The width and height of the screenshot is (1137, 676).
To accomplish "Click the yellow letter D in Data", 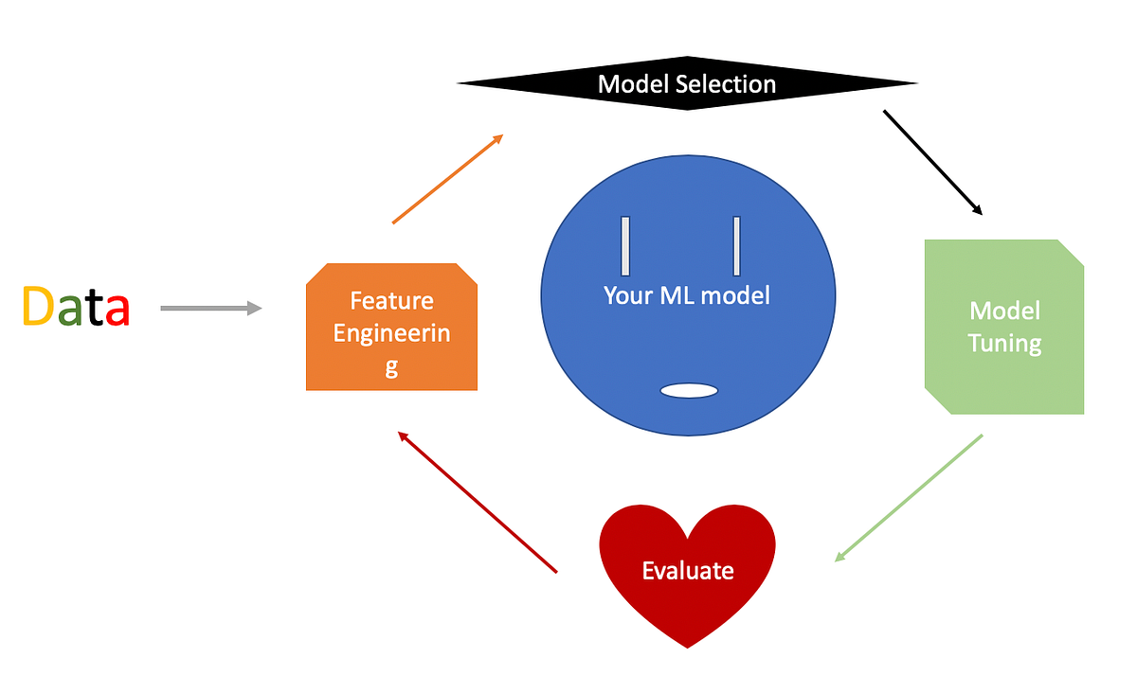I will click(x=37, y=307).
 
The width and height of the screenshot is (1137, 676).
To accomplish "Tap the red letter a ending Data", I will click(x=117, y=311).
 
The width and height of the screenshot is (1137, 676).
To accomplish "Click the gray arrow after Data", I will click(x=210, y=308).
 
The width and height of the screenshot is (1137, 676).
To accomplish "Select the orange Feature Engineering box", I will click(x=391, y=327).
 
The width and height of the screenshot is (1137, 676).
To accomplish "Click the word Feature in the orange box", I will click(x=391, y=301).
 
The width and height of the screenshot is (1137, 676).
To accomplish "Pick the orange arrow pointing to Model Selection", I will click(x=446, y=179).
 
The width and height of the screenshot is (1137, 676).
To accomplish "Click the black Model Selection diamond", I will click(x=687, y=84).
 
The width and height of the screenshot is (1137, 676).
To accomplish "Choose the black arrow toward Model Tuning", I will click(x=932, y=162).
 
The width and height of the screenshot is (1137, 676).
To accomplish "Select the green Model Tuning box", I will click(x=1004, y=327).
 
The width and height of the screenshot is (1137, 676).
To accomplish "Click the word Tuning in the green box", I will click(x=1004, y=343).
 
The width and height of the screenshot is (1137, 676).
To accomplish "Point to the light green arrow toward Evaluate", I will click(x=908, y=498).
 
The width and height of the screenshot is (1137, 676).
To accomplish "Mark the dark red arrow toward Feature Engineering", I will click(x=478, y=502).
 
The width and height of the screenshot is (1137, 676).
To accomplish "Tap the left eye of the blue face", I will click(x=625, y=246).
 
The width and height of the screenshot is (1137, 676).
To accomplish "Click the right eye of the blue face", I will click(x=736, y=246).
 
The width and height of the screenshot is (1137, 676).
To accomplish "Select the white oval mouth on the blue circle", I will click(x=688, y=390).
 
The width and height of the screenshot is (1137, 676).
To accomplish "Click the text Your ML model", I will click(x=687, y=295).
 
